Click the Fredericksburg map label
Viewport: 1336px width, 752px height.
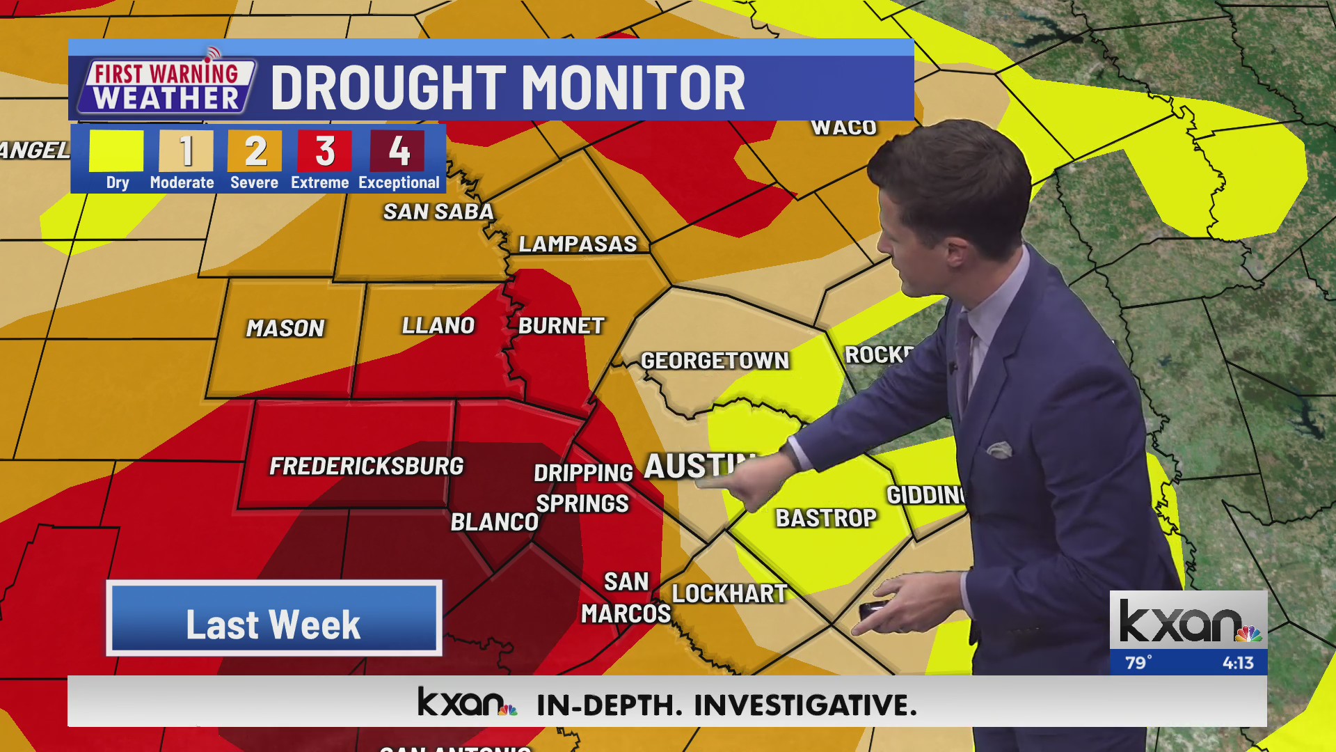(366, 466)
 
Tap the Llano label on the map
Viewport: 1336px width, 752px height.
(438, 325)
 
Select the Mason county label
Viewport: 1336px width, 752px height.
(285, 328)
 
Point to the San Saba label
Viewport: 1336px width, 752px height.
(438, 212)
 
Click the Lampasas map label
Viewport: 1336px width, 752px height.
(578, 244)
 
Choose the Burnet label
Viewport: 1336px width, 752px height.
(561, 325)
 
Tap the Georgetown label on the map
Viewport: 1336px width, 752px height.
(715, 361)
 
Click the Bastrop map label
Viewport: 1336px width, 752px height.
(826, 518)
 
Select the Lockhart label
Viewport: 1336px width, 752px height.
(729, 594)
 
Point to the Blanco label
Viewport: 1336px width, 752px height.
(494, 522)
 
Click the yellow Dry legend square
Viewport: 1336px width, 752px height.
(117, 151)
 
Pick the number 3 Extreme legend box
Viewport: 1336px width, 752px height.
(324, 151)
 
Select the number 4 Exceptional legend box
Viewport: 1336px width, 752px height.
(398, 151)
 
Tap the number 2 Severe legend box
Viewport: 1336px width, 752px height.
(255, 151)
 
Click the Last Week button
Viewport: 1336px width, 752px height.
(273, 618)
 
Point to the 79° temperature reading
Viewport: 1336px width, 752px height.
(1138, 663)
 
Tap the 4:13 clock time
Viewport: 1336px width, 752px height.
(1238, 663)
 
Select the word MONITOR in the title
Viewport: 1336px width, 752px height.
(633, 88)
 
